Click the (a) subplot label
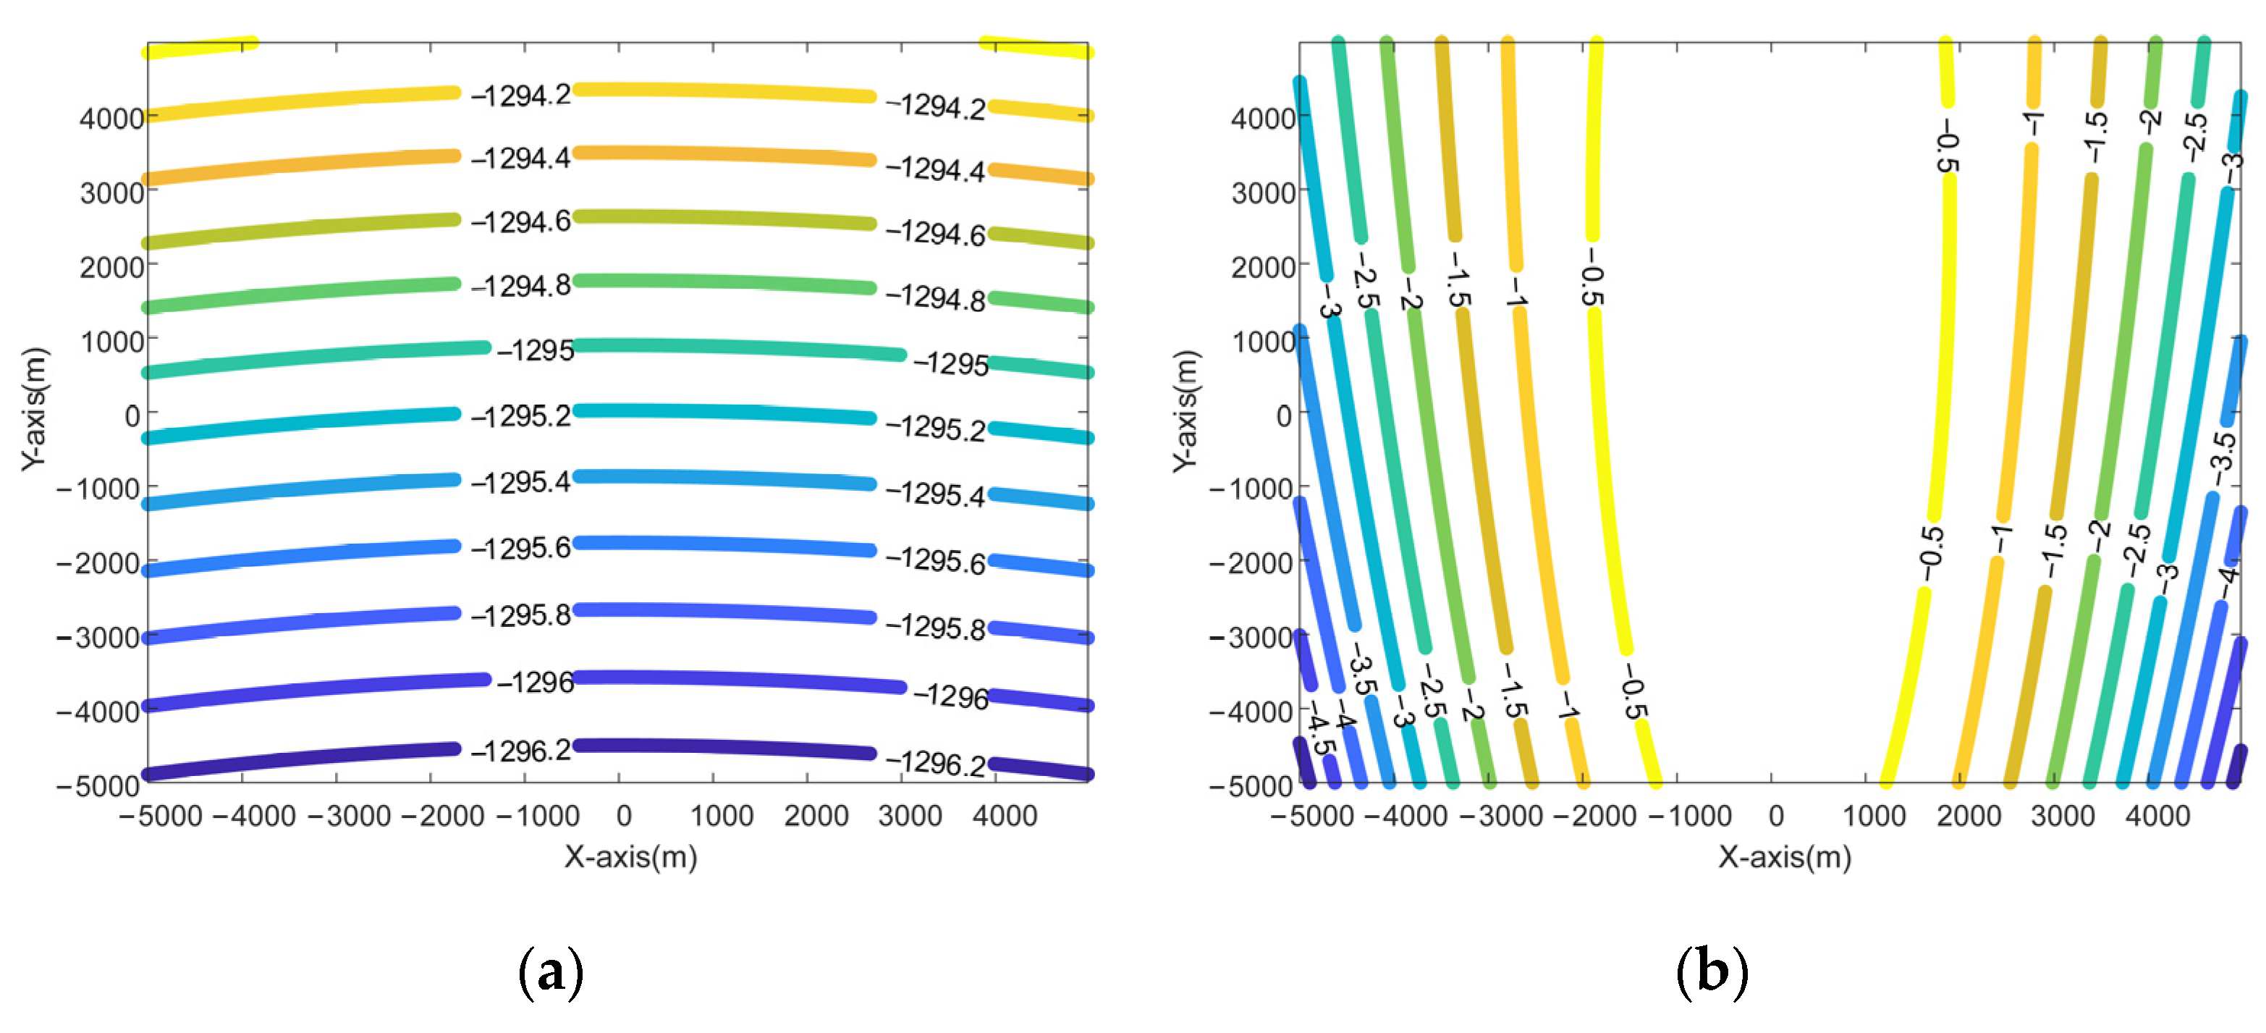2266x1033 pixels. click(x=551, y=971)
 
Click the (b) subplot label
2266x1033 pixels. click(x=1711, y=971)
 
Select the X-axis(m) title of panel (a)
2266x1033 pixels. click(x=630, y=856)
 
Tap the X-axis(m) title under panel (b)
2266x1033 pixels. click(x=1785, y=856)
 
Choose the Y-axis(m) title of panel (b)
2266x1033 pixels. click(x=1185, y=410)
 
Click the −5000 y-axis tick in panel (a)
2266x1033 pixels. click(x=98, y=785)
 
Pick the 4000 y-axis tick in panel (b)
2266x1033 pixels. click(x=1263, y=118)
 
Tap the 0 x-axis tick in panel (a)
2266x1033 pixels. click(x=624, y=816)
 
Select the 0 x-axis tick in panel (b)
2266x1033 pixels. click(x=1776, y=816)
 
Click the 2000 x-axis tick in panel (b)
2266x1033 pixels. click(x=1969, y=816)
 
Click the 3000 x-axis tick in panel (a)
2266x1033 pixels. click(x=910, y=816)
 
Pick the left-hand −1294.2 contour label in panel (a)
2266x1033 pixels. click(x=521, y=95)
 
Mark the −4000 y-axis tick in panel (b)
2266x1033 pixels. click(x=1250, y=710)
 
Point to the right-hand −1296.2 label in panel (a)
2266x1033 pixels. click(x=935, y=762)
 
